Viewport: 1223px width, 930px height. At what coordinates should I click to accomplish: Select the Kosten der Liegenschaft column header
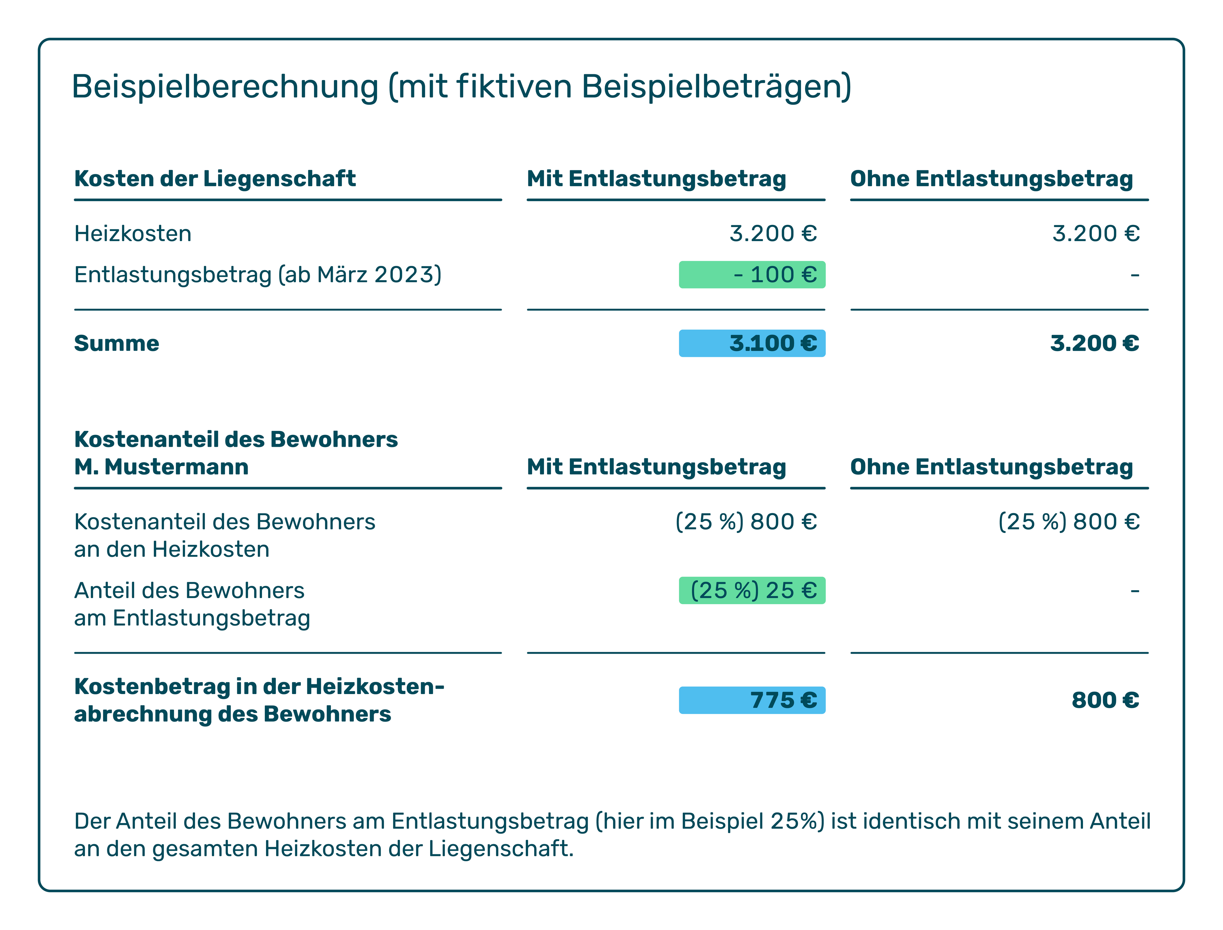tap(215, 179)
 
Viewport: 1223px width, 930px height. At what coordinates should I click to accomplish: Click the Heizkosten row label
tap(133, 233)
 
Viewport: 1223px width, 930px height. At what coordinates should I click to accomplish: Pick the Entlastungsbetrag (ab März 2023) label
tap(257, 274)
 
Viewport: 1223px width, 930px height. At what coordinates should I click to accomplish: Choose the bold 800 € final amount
tap(1105, 700)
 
